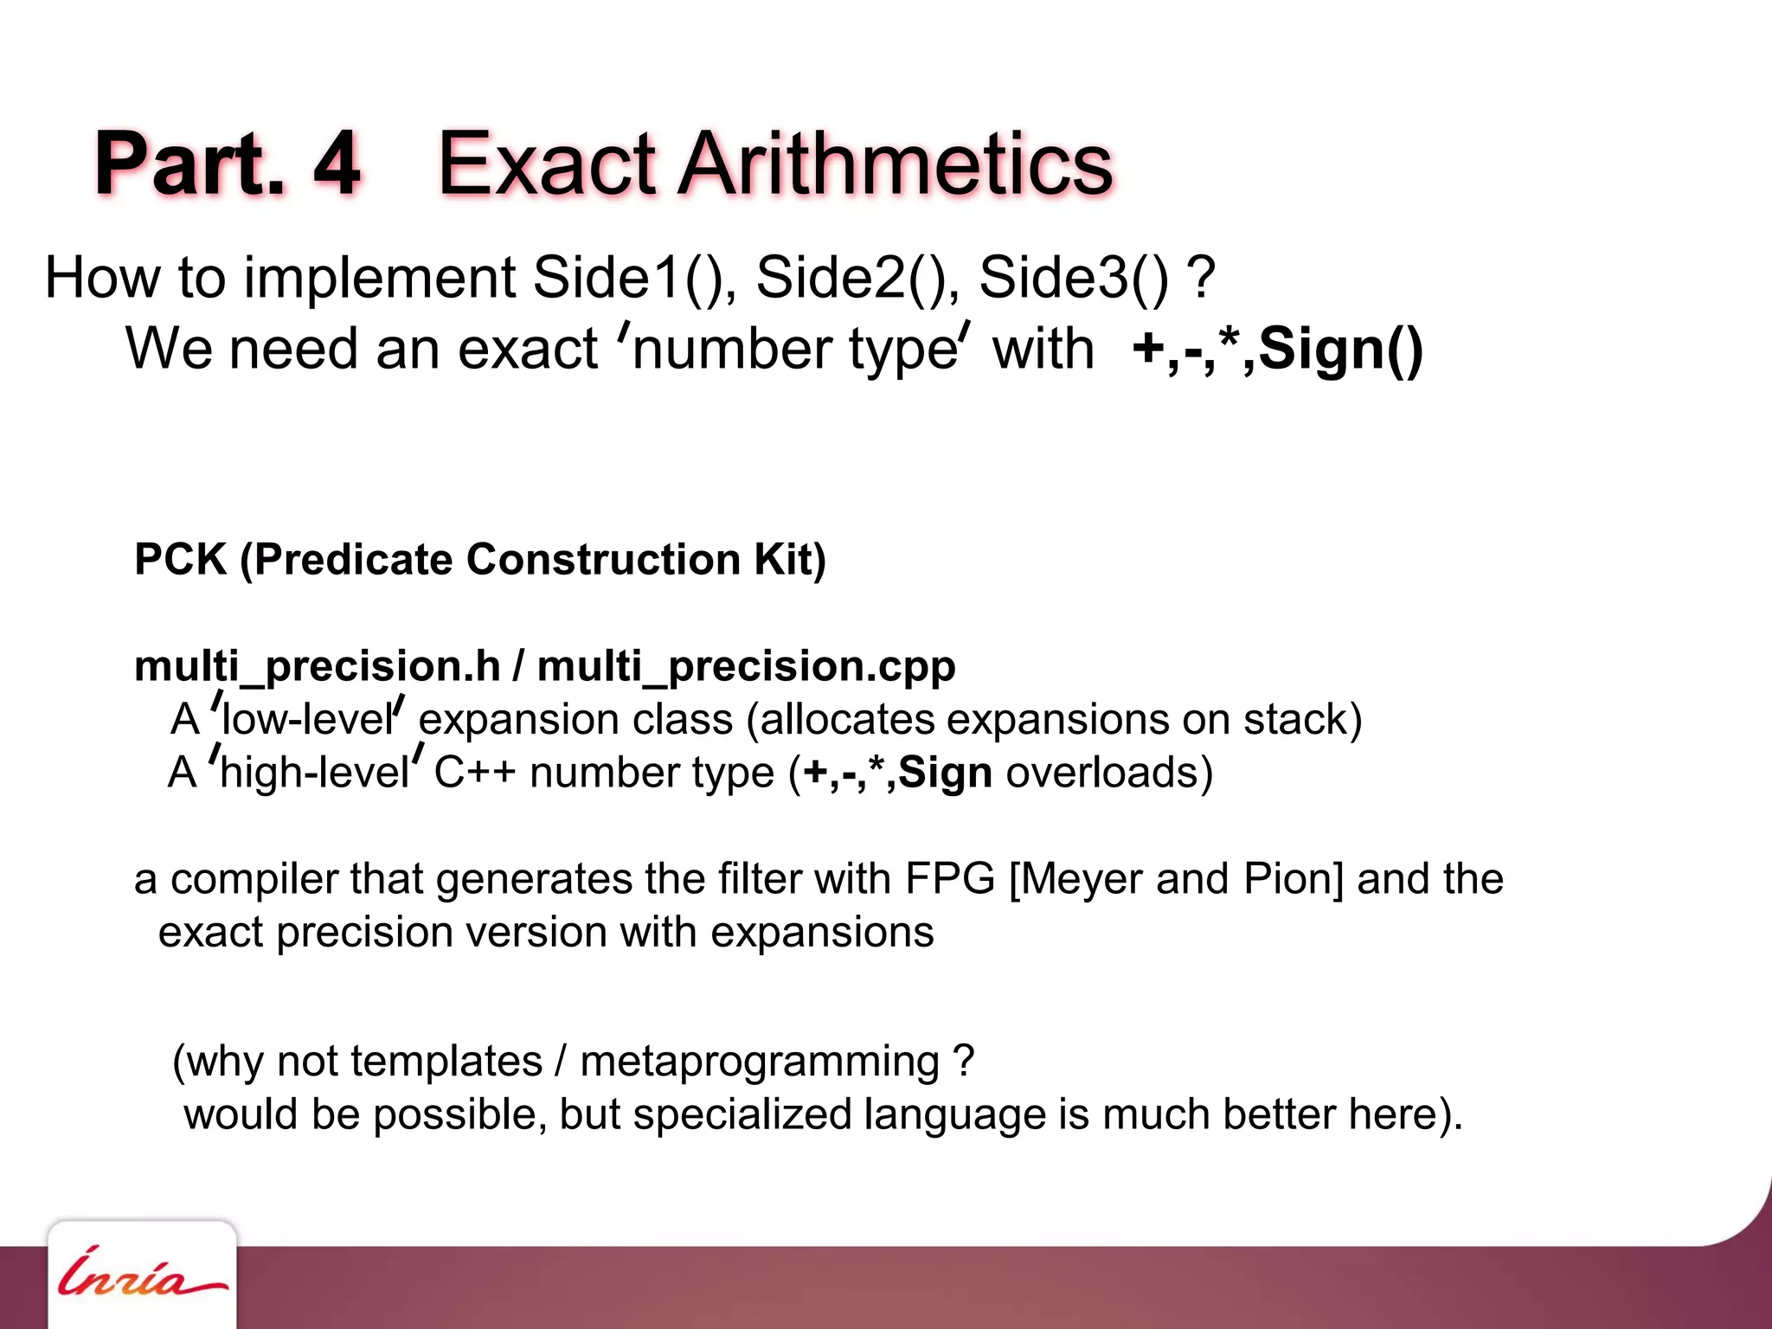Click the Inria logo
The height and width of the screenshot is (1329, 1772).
(x=141, y=1274)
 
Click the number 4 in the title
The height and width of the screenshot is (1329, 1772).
(x=336, y=163)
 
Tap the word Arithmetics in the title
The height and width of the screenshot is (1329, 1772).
(x=895, y=163)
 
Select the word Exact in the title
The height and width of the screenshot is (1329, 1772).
(x=546, y=163)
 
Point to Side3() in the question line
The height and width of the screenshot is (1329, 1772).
(x=1074, y=279)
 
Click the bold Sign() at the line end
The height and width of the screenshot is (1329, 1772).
(x=1340, y=350)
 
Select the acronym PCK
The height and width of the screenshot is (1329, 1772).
(x=180, y=559)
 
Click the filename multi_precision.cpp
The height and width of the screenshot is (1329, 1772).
(x=746, y=666)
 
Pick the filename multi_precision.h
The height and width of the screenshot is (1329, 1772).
(x=317, y=666)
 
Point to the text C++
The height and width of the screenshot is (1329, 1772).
(x=474, y=772)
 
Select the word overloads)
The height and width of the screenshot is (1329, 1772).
(x=1109, y=772)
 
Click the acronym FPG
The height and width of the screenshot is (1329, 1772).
(x=950, y=879)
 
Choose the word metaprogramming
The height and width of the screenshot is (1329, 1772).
(x=760, y=1062)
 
